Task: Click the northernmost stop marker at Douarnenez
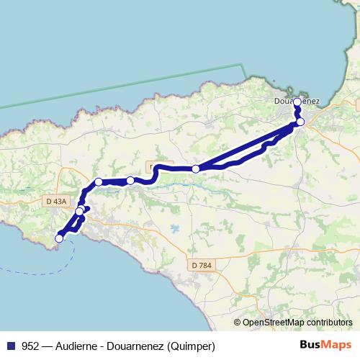pos(297,102)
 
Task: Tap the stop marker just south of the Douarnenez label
pos(300,122)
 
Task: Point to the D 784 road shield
pos(202,266)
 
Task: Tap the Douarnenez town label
pos(297,101)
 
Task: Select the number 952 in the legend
pos(31,346)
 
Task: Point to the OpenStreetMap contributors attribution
pos(297,323)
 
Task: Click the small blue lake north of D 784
pos(176,229)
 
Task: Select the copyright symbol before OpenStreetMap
pos(238,323)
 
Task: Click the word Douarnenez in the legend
pos(136,346)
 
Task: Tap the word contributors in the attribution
pos(330,323)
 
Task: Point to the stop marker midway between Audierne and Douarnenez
pos(196,168)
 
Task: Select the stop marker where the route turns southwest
pos(99,182)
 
